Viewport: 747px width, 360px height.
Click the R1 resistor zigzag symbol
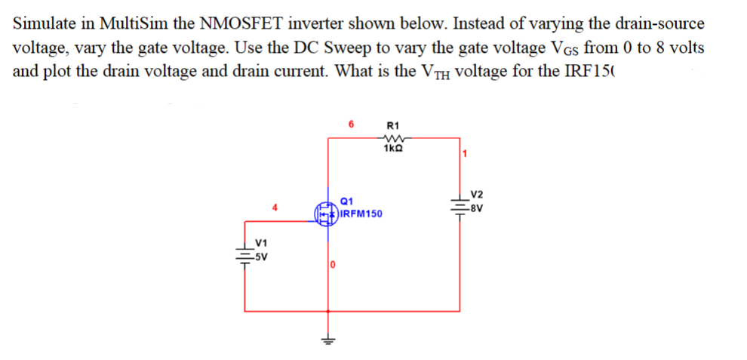(x=392, y=137)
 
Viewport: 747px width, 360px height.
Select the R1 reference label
(x=392, y=125)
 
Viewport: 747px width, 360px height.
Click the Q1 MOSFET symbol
(x=324, y=212)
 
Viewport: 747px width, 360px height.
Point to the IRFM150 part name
(x=361, y=214)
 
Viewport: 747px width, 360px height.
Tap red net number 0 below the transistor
(x=333, y=265)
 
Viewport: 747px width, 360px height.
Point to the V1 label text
(x=262, y=243)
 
